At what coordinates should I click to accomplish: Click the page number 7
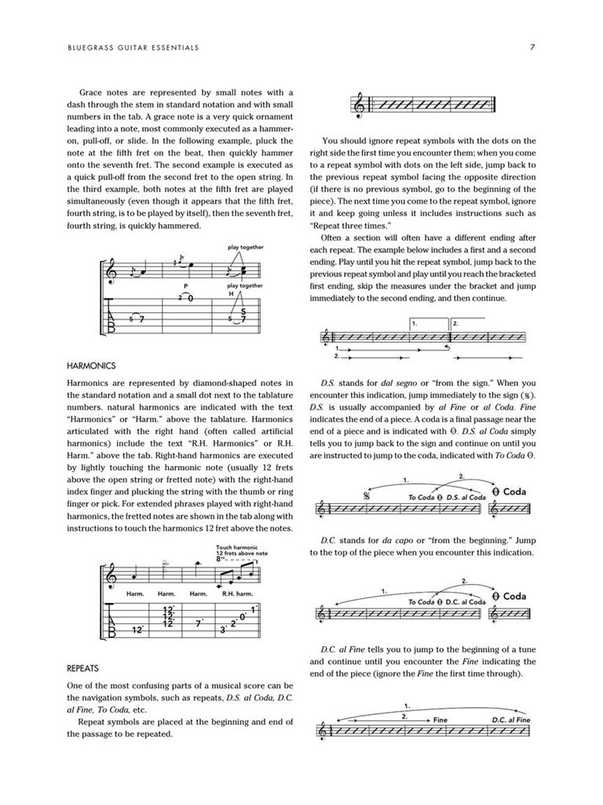point(532,48)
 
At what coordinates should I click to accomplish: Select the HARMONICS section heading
point(91,366)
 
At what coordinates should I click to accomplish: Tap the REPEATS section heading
point(83,667)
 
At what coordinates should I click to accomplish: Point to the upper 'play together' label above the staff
point(246,248)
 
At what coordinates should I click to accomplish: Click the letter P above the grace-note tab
point(186,286)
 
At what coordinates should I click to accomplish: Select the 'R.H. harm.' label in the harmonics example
point(237,594)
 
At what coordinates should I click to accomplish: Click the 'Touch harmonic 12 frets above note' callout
point(243,553)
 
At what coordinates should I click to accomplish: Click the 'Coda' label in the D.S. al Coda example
point(513,492)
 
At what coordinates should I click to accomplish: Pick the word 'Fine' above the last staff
point(440,719)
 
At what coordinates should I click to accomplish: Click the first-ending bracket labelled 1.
point(428,324)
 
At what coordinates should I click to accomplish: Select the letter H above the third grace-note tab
point(232,293)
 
